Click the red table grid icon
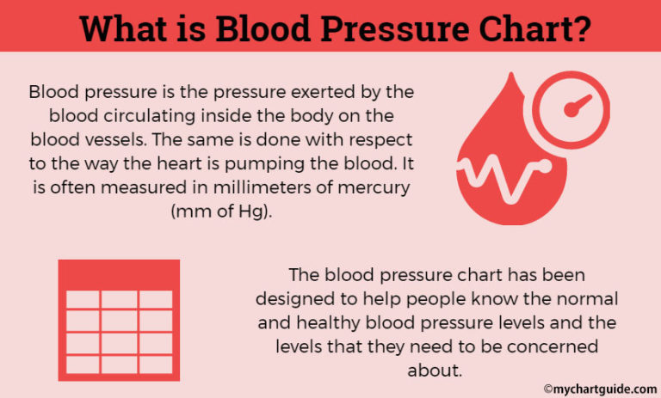[x=119, y=317]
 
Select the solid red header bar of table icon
[x=119, y=274]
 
